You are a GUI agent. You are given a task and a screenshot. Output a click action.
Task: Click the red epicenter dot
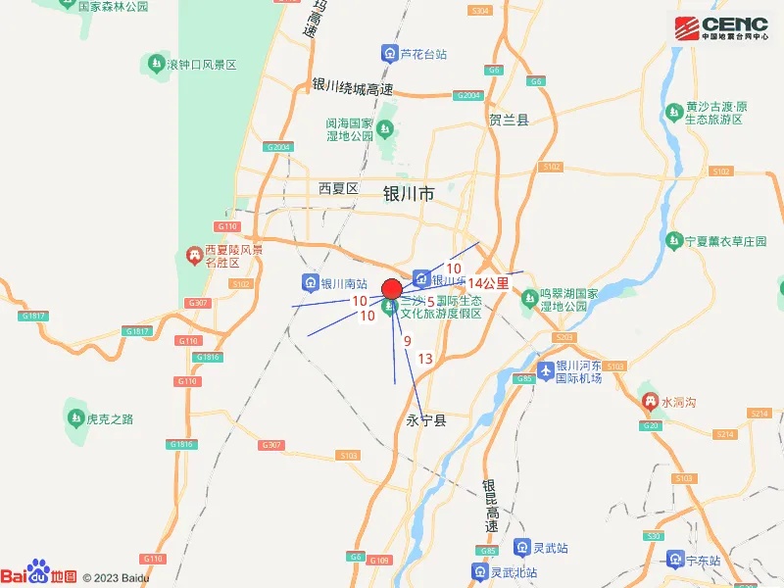tap(391, 289)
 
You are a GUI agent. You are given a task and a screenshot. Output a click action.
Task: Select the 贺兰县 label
tap(509, 120)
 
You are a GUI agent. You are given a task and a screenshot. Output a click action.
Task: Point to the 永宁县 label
tap(425, 420)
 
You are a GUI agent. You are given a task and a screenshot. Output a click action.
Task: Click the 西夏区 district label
tap(340, 187)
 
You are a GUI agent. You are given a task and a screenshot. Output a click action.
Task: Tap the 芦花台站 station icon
tap(390, 54)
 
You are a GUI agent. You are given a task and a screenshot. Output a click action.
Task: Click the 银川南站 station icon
tap(309, 283)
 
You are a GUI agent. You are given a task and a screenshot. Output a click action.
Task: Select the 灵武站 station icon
tap(520, 548)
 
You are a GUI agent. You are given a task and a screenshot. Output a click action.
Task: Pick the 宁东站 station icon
tap(674, 560)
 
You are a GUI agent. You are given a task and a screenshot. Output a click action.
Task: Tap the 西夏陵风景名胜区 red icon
tap(194, 257)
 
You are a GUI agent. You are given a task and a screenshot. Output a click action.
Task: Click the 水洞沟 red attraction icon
tap(649, 401)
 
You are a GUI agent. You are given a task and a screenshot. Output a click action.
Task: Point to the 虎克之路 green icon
tap(75, 418)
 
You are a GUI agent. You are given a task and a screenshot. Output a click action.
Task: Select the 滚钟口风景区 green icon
tap(155, 64)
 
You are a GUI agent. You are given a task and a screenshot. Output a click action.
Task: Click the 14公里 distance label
tap(488, 283)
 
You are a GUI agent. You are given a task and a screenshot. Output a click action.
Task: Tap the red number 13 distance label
tap(424, 359)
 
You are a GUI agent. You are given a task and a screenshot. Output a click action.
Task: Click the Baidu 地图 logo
tap(38, 575)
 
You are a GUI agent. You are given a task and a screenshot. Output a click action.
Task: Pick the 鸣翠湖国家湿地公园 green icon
tap(530, 296)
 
